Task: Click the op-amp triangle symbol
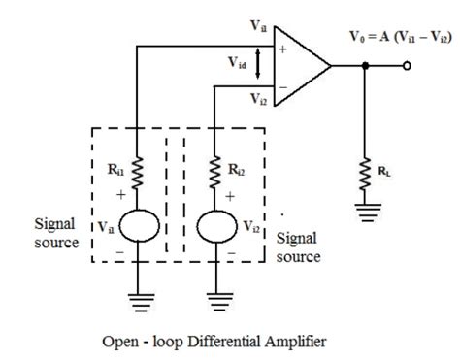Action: point(302,66)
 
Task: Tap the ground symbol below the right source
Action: point(214,300)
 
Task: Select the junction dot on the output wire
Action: point(366,67)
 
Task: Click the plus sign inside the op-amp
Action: point(283,46)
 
